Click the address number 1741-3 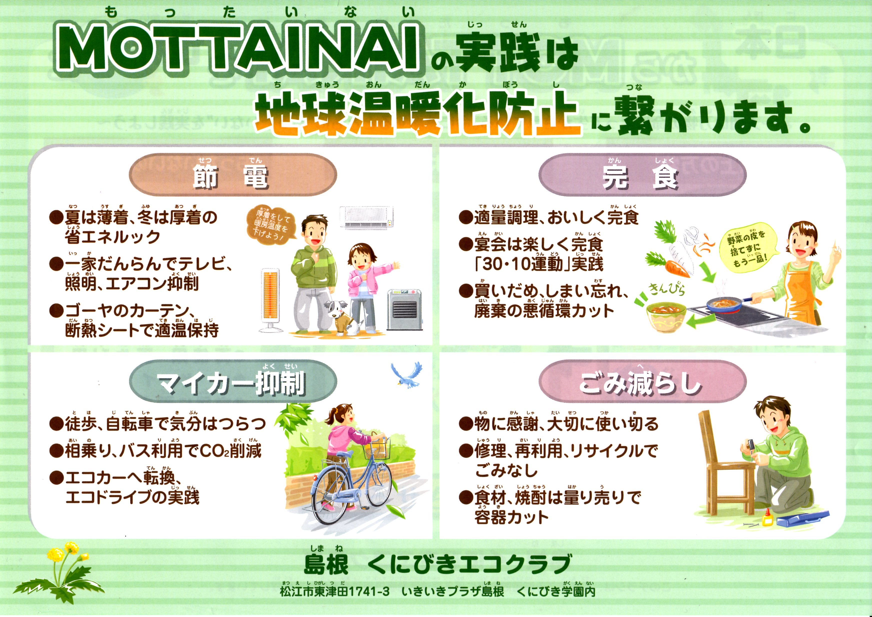pyautogui.click(x=368, y=591)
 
